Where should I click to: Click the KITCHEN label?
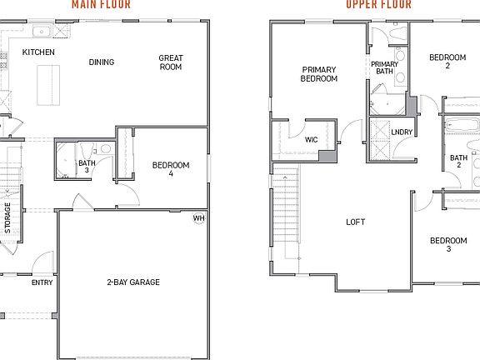tap(38, 52)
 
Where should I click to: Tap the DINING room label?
tap(101, 62)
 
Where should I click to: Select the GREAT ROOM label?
tap(171, 62)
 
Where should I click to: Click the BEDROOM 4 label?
tap(171, 169)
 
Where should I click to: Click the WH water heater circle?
tap(198, 218)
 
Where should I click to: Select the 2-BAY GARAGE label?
tap(133, 282)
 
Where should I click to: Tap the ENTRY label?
tap(42, 282)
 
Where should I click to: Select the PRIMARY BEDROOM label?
tap(319, 74)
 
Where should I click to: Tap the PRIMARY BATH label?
tap(384, 67)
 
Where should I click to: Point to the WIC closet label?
tap(311, 139)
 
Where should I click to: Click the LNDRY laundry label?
tap(402, 132)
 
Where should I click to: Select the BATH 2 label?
tap(458, 161)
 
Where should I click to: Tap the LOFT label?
tap(356, 222)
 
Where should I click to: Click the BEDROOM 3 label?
tap(447, 245)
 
